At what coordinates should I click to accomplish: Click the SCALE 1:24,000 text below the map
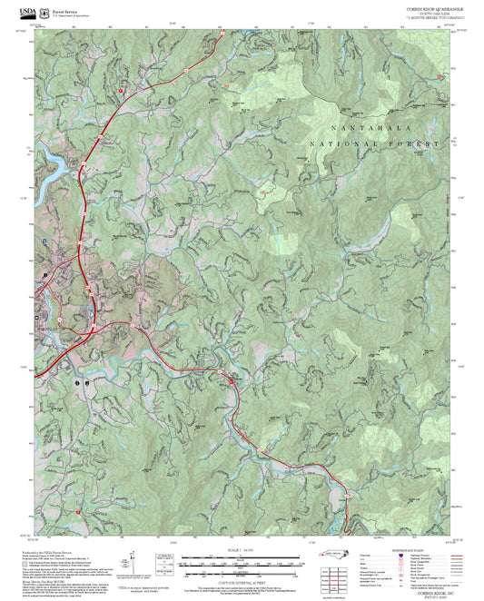[241, 549]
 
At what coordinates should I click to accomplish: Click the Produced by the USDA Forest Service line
[64, 550]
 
